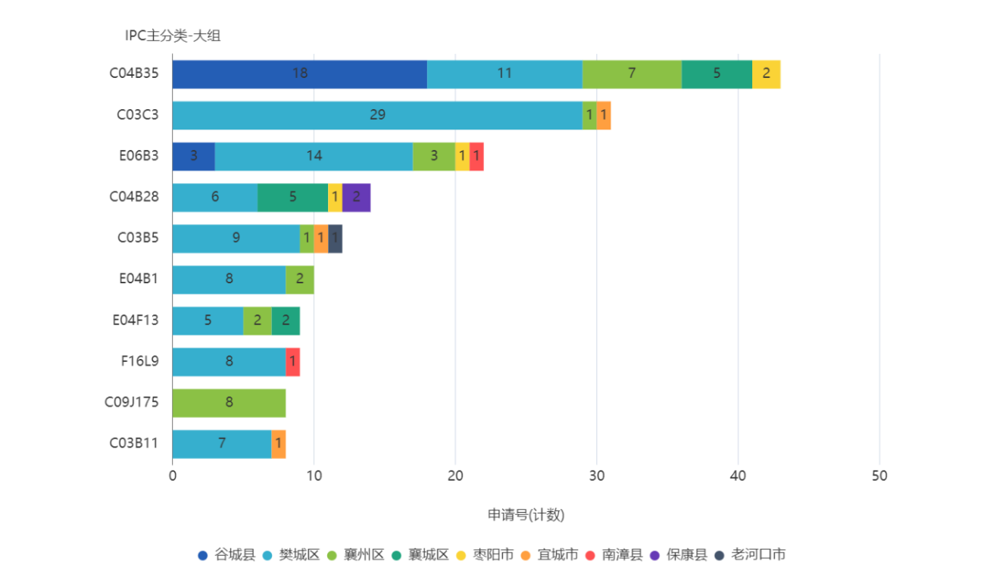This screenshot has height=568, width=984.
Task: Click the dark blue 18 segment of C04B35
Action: point(299,74)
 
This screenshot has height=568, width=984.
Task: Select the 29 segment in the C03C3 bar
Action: point(377,115)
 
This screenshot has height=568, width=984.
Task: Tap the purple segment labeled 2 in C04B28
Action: point(357,198)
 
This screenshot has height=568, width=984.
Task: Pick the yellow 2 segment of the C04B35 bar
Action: point(767,74)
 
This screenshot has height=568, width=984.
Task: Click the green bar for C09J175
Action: point(230,403)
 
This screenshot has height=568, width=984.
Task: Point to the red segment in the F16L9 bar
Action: point(293,362)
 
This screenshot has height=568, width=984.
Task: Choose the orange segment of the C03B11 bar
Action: point(279,444)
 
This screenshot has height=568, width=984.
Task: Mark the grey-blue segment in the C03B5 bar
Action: point(336,239)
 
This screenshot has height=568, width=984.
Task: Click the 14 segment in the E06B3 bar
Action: point(314,157)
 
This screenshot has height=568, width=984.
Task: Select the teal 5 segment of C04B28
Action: point(292,198)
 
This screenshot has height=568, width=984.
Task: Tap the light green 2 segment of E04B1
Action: point(300,279)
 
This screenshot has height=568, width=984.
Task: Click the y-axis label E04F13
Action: point(136,320)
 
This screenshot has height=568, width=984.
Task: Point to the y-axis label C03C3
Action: point(138,115)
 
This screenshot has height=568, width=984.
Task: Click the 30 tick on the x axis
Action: point(597,476)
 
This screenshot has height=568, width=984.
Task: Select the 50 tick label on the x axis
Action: point(879,476)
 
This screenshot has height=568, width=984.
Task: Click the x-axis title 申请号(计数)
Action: point(526,516)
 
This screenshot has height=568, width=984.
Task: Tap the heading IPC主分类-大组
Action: point(173,36)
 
